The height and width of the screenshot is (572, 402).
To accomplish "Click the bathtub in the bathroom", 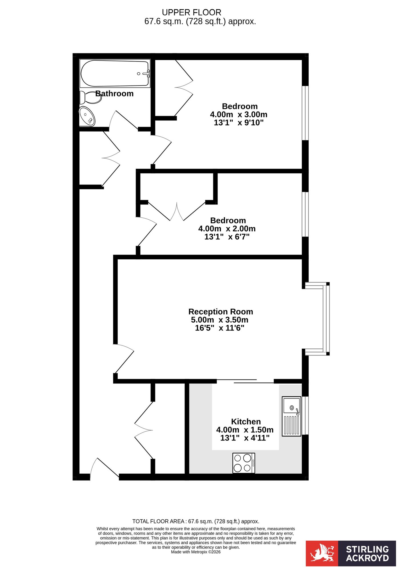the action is pos(115,73).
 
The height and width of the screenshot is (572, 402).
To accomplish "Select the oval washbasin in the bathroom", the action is pos(87,116).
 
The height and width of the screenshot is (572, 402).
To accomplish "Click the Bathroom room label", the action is pos(114,94).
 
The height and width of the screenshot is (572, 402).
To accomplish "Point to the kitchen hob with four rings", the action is pos(244,463).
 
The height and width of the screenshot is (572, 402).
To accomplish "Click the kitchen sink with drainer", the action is pos(292,416).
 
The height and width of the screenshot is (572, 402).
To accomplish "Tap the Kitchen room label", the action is pos(246,422).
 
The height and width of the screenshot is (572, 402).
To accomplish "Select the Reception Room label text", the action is pos(221,311).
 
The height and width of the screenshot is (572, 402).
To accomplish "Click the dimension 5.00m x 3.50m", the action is pos(220,320).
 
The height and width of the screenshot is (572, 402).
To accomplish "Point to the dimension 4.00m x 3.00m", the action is pos(239,114).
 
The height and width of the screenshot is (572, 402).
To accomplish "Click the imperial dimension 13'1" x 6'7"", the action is pos(227,237).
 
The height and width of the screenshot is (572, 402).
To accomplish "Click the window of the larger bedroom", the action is pos(305,113).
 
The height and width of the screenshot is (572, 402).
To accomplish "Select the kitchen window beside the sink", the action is pos(305,415).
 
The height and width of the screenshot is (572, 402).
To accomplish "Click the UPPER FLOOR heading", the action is pos(192,13).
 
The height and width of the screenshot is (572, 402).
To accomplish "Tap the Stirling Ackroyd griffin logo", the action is pos(322,553).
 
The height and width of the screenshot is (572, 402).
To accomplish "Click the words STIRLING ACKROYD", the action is pos(367,553).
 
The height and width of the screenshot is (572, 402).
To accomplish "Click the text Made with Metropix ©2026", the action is pos(196,552).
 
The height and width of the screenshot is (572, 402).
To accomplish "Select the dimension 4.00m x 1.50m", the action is pos(245,430).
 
